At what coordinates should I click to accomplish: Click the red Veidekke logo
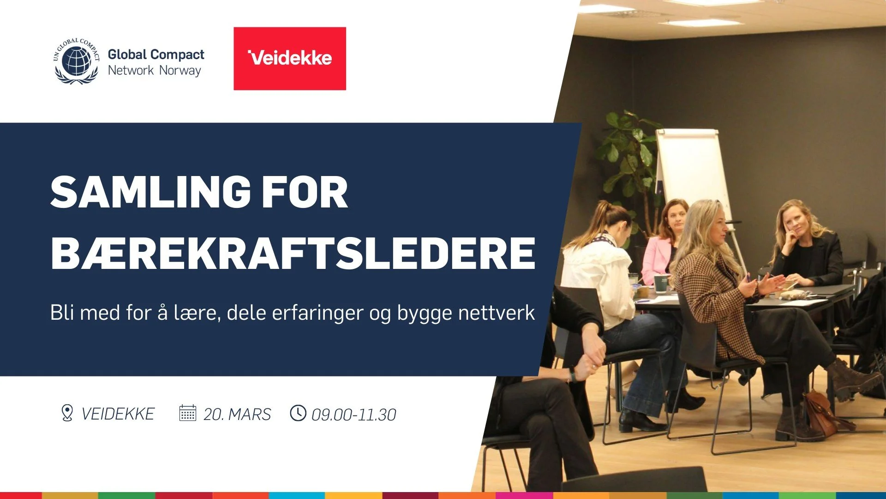pos(290,58)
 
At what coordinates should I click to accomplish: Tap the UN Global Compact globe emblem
pos(77,61)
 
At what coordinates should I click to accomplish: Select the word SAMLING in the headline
pos(148,192)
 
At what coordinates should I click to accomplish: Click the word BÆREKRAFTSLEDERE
pos(293,253)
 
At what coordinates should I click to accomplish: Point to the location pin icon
pos(67,413)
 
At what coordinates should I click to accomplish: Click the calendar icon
pos(187,413)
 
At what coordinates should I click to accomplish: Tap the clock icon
pos(298,413)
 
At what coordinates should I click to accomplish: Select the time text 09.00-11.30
pos(354,415)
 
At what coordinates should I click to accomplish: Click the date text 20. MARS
pos(237,414)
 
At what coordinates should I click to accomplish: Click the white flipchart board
pos(691,171)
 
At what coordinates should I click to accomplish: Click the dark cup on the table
pos(661,283)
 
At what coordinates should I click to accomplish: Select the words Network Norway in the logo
pos(154,71)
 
